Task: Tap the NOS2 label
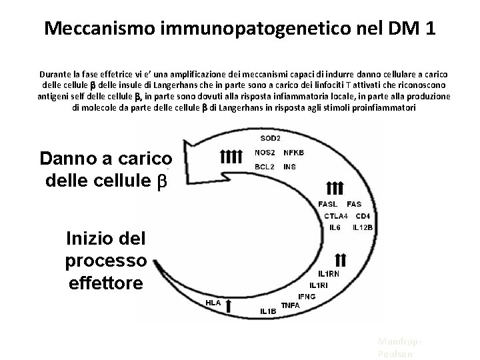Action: [x=266, y=153]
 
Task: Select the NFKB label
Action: [x=293, y=153]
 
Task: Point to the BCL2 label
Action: [x=266, y=166]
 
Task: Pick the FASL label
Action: [x=328, y=203]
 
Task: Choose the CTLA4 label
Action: [x=336, y=215]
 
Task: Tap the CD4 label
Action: [x=363, y=215]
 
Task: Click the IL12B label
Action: [x=363, y=227]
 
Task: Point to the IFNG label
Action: [x=307, y=295]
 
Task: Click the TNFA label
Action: [x=291, y=305]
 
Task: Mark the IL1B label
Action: [x=268, y=311]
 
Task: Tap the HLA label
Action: [x=213, y=302]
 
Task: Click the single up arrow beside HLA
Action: [x=229, y=306]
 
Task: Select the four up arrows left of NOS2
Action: [x=231, y=157]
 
